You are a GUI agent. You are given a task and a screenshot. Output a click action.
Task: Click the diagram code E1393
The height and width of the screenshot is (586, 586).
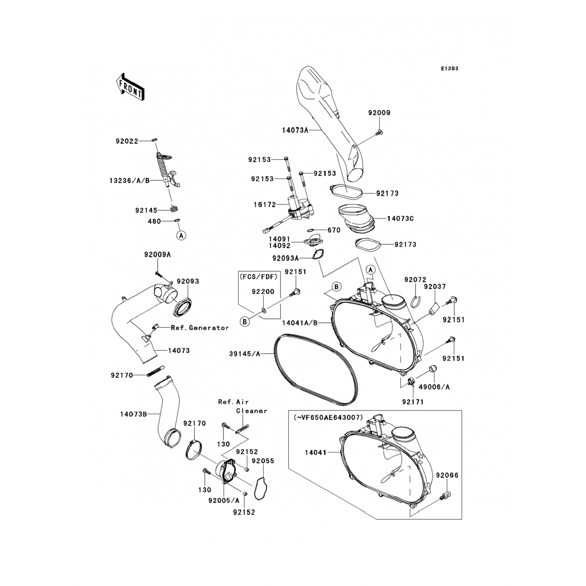(450, 68)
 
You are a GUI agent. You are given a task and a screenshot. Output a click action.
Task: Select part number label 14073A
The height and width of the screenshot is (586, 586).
(295, 130)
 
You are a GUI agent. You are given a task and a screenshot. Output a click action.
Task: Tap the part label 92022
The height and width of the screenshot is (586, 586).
(127, 141)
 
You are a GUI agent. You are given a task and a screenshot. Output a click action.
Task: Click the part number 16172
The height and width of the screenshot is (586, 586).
(264, 204)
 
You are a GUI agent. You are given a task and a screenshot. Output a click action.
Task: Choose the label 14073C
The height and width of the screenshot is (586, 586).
(400, 218)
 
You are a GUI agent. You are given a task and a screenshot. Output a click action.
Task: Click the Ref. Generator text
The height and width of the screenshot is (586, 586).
(200, 328)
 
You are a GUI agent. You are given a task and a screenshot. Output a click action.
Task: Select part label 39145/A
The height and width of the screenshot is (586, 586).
(245, 354)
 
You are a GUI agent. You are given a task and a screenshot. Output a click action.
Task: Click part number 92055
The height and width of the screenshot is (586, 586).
(263, 461)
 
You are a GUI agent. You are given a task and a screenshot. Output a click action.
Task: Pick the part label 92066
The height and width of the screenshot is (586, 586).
(447, 475)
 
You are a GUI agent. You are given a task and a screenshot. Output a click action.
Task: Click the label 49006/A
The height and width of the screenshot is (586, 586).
(434, 387)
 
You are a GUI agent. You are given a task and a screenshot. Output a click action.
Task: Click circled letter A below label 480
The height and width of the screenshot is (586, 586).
(181, 235)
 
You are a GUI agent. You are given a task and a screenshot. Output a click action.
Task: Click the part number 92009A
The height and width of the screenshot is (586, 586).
(157, 255)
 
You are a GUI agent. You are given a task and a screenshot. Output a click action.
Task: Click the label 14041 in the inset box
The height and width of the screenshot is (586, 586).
(316, 453)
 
